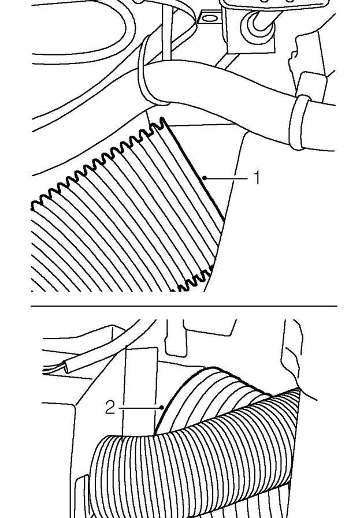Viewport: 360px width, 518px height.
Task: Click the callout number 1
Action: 257,178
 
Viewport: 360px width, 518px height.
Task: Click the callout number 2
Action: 110,408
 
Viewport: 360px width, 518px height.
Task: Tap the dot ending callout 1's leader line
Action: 205,178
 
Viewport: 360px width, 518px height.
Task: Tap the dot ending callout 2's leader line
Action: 162,408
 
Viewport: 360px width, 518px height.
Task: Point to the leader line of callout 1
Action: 227,178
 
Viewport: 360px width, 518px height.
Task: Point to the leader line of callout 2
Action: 139,408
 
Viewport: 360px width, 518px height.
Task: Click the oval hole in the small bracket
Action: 207,18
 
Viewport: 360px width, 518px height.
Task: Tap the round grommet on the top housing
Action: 257,27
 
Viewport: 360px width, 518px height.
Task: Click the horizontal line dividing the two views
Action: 184,306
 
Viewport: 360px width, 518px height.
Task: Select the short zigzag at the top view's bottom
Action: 195,279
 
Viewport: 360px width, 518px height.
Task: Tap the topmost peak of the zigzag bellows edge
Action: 162,118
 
